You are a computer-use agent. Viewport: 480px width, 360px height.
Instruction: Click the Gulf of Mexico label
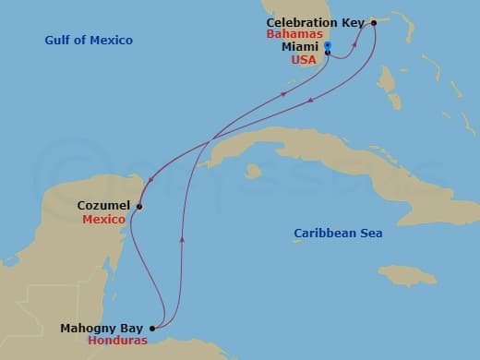coord(89,41)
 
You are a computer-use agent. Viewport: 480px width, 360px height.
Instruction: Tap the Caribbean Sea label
coord(338,234)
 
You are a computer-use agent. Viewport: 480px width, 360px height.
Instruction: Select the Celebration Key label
coord(316,22)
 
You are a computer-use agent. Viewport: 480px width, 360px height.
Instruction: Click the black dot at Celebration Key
coord(373,22)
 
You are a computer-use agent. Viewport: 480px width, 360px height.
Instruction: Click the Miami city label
coord(301,46)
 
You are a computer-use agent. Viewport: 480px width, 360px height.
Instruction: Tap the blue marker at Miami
coord(328,46)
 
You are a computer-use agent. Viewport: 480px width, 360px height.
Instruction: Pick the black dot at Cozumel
coord(139,207)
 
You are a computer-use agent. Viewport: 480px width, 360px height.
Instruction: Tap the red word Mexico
coord(103,220)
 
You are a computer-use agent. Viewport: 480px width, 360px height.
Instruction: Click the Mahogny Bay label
coord(102,328)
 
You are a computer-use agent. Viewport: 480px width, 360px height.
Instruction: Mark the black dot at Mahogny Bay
coord(152,328)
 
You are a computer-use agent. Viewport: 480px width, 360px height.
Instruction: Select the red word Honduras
coord(117,340)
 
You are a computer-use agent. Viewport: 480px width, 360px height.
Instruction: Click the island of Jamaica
coord(405,274)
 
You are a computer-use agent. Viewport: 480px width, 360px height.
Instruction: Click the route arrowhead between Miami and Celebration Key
coord(355,43)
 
